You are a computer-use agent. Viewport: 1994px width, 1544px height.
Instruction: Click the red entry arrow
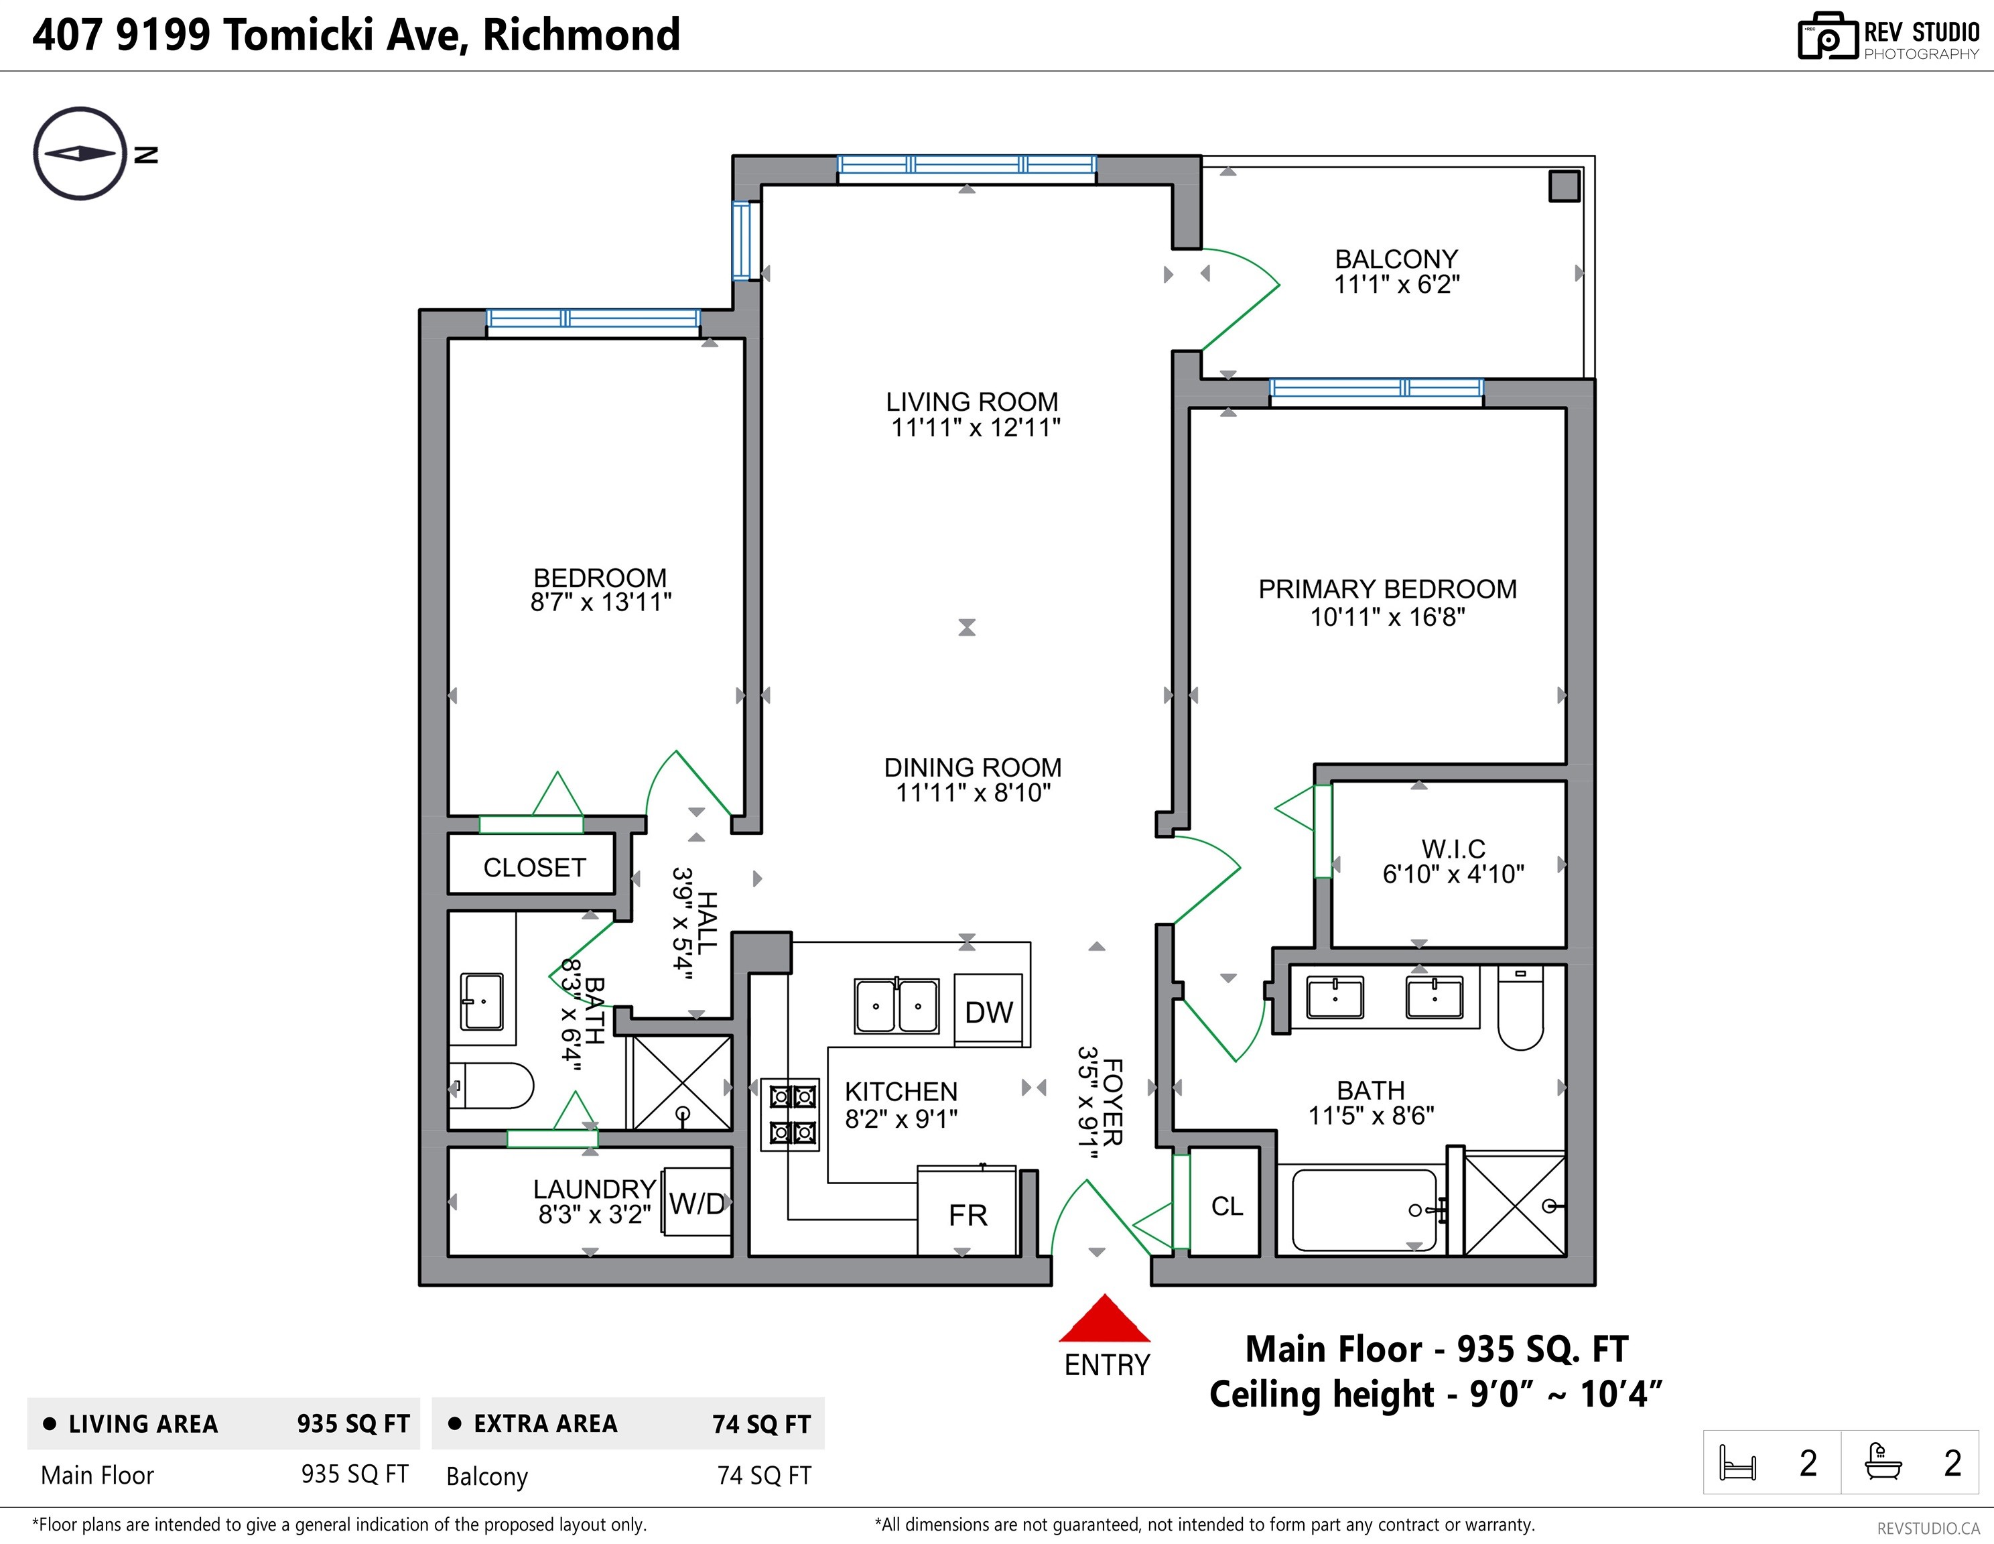[x=1105, y=1318]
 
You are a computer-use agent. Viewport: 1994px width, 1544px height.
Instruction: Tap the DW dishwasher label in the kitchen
[x=989, y=1013]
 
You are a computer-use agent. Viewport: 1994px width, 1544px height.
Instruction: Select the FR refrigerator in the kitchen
[x=967, y=1211]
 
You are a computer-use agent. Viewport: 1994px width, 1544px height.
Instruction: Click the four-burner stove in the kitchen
[x=791, y=1114]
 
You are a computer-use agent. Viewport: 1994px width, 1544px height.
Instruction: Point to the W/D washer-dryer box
[x=697, y=1202]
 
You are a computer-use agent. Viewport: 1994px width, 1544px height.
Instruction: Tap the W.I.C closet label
[x=1453, y=849]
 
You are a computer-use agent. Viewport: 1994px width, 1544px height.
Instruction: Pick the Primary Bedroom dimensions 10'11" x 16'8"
[x=1388, y=617]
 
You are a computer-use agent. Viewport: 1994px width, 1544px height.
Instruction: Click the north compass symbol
[x=80, y=153]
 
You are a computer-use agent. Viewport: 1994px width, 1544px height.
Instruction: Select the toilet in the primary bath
[x=1520, y=1008]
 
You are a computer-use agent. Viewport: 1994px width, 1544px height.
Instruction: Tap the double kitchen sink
[x=896, y=1005]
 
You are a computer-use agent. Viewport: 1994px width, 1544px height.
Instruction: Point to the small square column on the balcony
[x=1564, y=186]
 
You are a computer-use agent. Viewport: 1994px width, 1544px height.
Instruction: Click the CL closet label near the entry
[x=1227, y=1207]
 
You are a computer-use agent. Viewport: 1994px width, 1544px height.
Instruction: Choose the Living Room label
[x=972, y=402]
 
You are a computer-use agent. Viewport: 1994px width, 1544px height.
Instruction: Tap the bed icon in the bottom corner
[x=1737, y=1462]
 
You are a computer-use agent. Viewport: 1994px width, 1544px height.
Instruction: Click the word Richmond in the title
[x=582, y=35]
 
